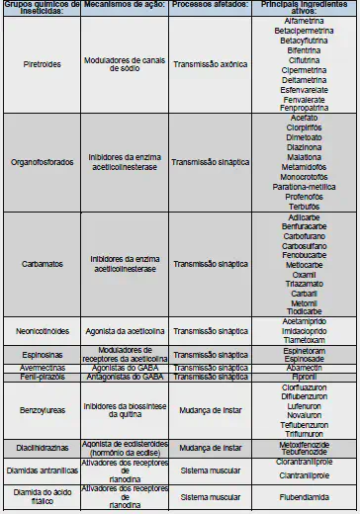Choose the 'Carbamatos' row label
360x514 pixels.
click(x=43, y=264)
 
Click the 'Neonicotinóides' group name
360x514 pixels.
click(x=43, y=330)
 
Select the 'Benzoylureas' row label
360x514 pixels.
click(x=43, y=409)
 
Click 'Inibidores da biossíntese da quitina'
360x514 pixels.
click(x=123, y=409)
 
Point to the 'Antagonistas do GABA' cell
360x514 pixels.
click(x=123, y=376)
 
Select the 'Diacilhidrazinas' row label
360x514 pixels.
click(x=43, y=447)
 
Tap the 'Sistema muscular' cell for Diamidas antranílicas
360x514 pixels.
click(x=210, y=471)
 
